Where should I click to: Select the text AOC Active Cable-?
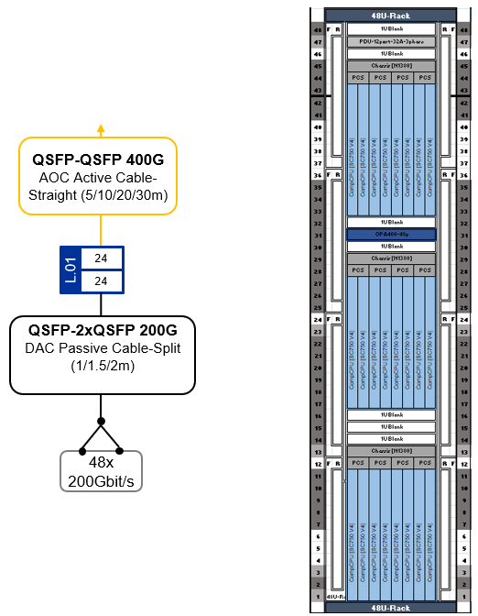point(99,177)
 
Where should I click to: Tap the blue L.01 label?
point(71,271)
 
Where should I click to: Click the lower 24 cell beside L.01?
point(101,281)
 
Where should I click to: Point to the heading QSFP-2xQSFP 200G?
point(99,329)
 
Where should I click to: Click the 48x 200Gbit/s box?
point(101,471)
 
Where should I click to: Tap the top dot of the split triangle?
point(101,421)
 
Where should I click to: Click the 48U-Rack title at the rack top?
point(391,16)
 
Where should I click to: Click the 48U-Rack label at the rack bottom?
point(391,606)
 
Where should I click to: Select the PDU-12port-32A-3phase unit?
point(391,41)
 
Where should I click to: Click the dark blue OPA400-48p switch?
point(391,235)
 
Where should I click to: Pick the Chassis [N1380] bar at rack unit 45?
point(391,66)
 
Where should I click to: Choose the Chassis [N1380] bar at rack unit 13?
point(391,451)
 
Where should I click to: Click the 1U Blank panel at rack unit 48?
point(391,29)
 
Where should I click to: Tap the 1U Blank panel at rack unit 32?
point(391,223)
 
